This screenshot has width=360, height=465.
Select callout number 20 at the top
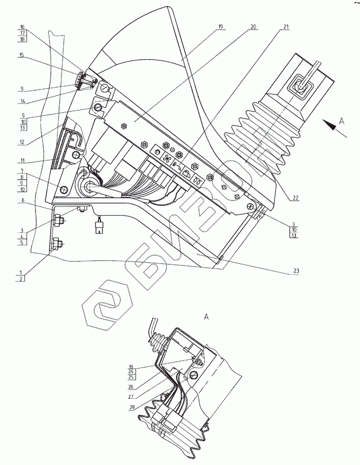pyautogui.click(x=254, y=27)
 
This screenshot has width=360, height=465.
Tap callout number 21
pyautogui.click(x=286, y=27)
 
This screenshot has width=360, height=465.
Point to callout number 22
pyautogui.click(x=295, y=198)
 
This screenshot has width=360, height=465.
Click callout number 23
pyautogui.click(x=296, y=271)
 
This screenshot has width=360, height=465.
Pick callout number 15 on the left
pyautogui.click(x=22, y=55)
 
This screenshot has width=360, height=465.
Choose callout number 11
pyautogui.click(x=22, y=160)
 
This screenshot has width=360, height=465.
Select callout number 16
pyautogui.click(x=22, y=27)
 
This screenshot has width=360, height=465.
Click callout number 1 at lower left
pyautogui.click(x=22, y=272)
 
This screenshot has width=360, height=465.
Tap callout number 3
pyautogui.click(x=22, y=231)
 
